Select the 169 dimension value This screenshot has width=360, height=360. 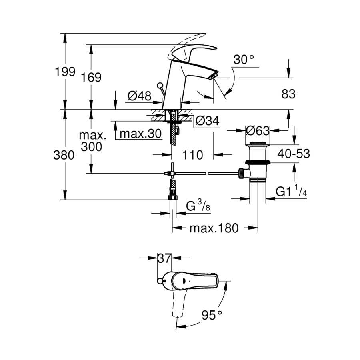pyautogui.click(x=92, y=77)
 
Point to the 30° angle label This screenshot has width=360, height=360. pyautogui.click(x=244, y=60)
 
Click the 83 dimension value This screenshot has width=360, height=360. pyautogui.click(x=288, y=94)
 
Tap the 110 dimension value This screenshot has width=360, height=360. pyautogui.click(x=193, y=154)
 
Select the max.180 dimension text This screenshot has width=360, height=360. pyautogui.click(x=214, y=228)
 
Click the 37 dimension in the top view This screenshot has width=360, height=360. pyautogui.click(x=163, y=258)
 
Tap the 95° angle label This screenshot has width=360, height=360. pyautogui.click(x=211, y=315)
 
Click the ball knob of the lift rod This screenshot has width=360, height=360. pyautogui.click(x=160, y=85)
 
